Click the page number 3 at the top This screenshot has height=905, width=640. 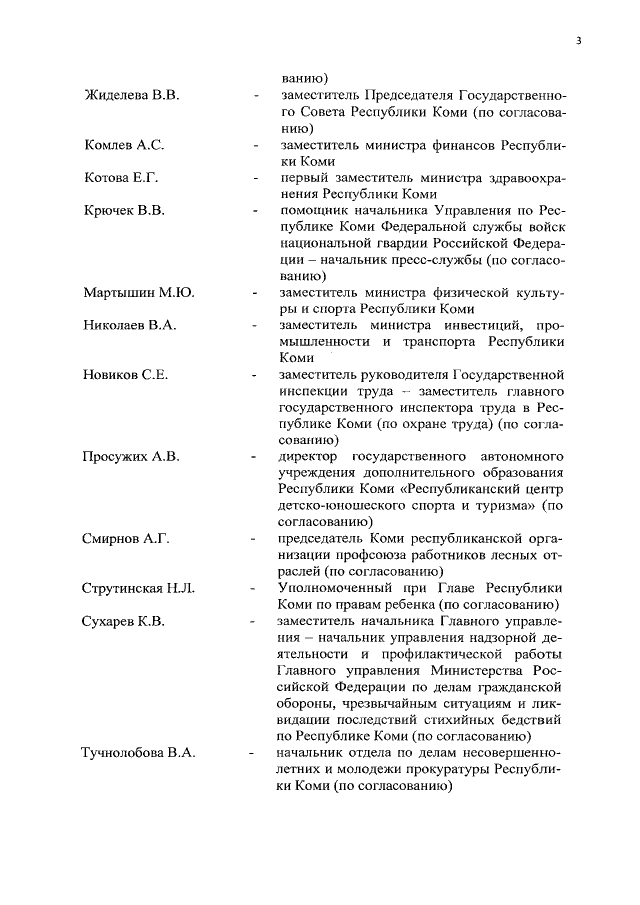(579, 41)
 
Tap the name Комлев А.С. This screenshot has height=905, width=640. (123, 145)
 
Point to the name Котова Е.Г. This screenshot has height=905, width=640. (121, 178)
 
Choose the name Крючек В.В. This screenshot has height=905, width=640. (123, 211)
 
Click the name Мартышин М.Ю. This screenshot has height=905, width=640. (138, 293)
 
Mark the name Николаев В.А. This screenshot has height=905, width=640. (128, 325)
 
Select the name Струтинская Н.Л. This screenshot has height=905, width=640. (138, 587)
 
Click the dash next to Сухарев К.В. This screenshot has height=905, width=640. (256, 620)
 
